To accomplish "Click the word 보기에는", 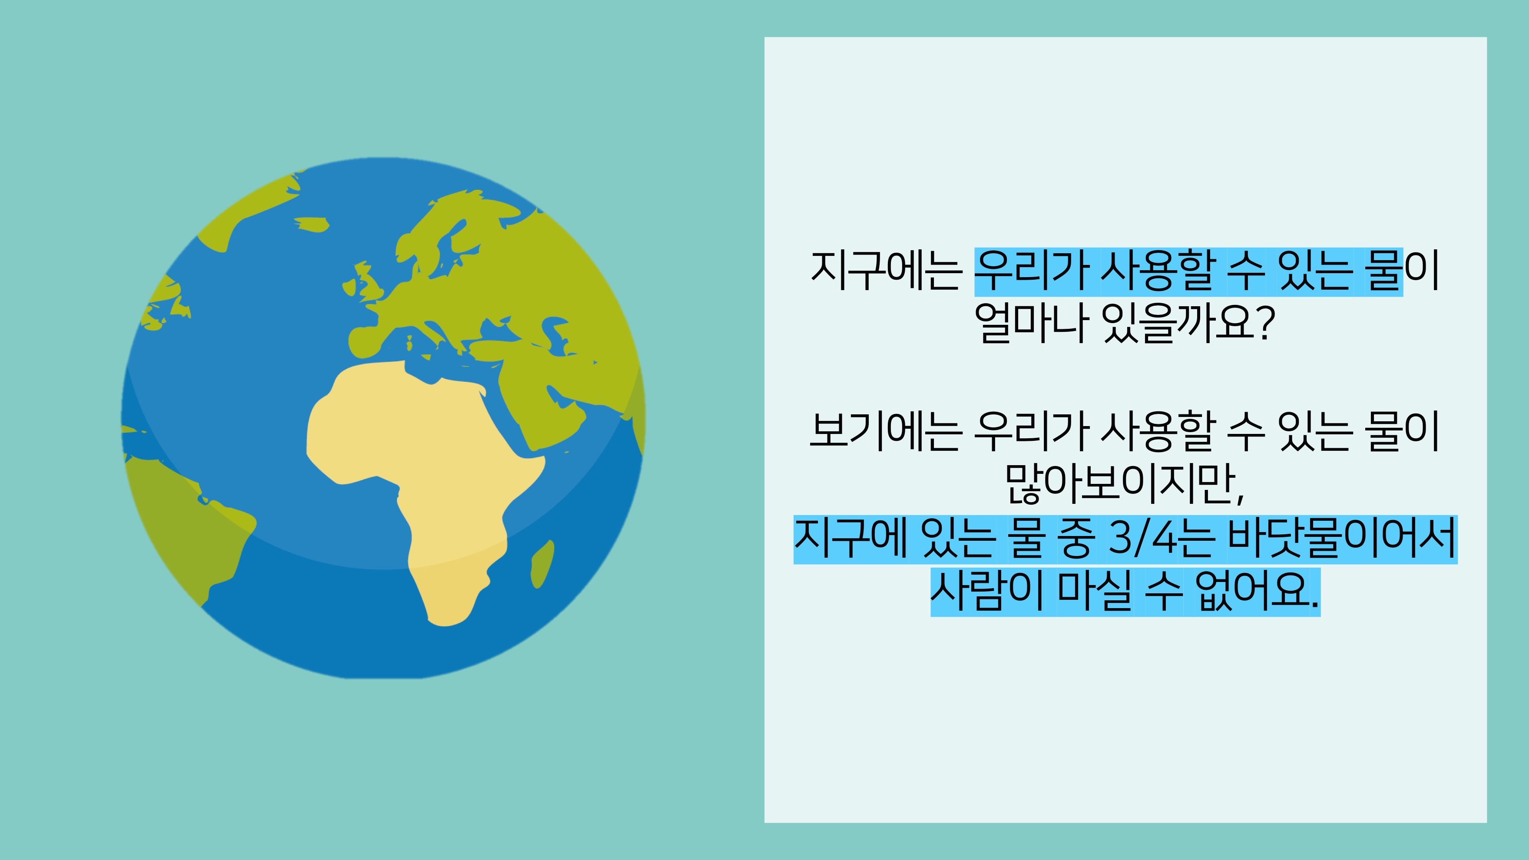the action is pos(886,431).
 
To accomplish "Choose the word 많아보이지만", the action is pos(1120,484).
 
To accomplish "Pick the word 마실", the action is pos(1095,591).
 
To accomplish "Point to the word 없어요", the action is pos(1251,591).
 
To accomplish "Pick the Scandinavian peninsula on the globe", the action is pos(445,238).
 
